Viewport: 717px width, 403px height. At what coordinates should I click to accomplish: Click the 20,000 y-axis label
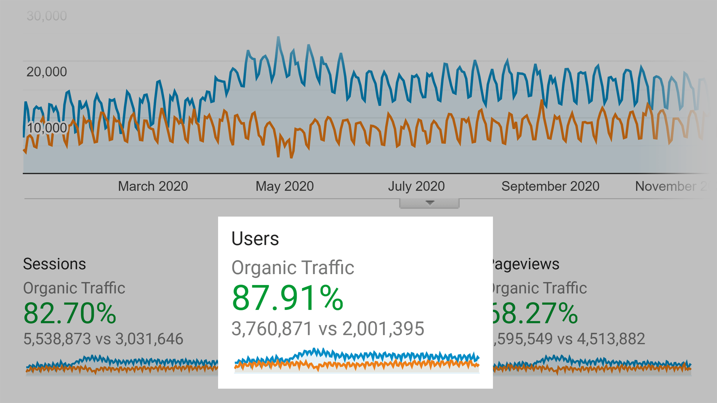click(47, 72)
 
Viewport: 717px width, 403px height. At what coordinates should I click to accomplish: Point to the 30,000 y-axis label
click(47, 16)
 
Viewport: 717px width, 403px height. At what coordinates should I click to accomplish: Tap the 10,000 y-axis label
click(47, 128)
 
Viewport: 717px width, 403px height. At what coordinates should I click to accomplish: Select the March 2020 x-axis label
click(153, 186)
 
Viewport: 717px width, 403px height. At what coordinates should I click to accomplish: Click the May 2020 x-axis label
click(284, 186)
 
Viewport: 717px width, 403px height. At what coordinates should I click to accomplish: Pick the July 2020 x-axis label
click(416, 186)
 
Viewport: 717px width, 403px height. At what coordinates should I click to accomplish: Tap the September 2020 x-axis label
click(550, 186)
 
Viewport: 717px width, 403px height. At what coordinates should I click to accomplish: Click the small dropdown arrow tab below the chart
click(430, 203)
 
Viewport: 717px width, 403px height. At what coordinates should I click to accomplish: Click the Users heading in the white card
click(255, 239)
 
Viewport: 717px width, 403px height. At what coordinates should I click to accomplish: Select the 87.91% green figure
click(287, 298)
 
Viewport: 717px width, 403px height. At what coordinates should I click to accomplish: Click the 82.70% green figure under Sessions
click(70, 313)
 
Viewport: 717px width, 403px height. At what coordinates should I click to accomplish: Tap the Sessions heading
click(54, 264)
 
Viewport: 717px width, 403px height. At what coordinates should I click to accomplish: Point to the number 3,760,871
click(272, 329)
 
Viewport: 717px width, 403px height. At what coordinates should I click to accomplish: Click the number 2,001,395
click(383, 329)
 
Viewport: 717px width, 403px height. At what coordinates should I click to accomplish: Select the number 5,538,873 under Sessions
click(57, 339)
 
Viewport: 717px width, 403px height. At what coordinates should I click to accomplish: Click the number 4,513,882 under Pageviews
click(611, 339)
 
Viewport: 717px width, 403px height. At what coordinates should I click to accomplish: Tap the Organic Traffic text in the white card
click(293, 267)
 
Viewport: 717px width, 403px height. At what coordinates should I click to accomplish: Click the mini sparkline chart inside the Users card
click(357, 361)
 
